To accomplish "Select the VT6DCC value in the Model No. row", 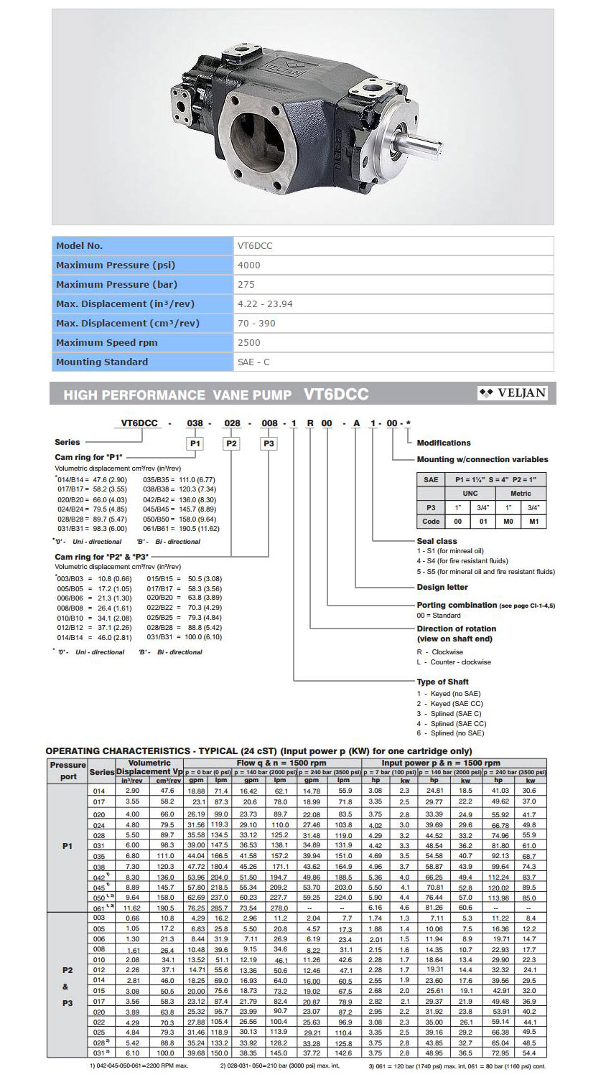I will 255,246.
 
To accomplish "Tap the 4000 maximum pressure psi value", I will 249,265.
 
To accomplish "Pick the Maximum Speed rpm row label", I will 102,343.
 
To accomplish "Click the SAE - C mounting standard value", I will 253,362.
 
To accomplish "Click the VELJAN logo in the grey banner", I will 513,392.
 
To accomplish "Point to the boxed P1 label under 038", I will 195,443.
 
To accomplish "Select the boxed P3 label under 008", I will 269,443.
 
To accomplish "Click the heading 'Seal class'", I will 437,541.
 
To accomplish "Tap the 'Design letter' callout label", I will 442,587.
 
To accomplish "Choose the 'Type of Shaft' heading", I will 442,682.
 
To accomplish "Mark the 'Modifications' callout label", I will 444,443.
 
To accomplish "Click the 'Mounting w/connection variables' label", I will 482,459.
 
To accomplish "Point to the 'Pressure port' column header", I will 68,771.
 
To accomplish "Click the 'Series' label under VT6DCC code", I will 67,442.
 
